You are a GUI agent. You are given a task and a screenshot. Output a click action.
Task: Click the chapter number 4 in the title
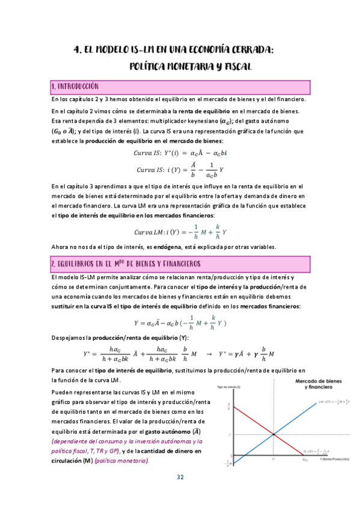click(x=76, y=51)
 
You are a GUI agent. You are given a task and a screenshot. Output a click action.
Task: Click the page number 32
click(x=180, y=477)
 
